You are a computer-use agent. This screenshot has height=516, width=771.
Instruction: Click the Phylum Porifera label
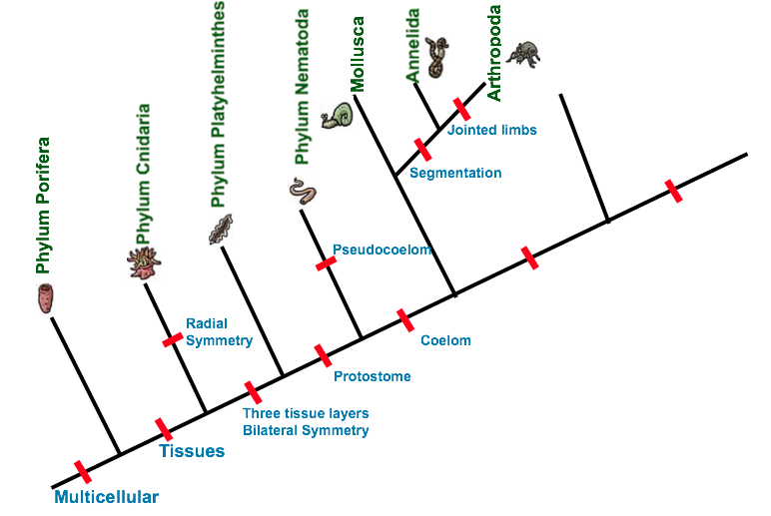coord(43,206)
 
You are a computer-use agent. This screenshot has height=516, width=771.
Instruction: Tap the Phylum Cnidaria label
coord(143,174)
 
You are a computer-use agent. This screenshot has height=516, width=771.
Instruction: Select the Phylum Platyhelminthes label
coord(218,104)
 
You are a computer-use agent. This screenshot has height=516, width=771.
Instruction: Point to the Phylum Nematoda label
coord(302,87)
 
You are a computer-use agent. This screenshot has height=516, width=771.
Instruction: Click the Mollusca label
coord(357,55)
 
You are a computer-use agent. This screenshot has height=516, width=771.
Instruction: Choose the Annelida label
coord(413,45)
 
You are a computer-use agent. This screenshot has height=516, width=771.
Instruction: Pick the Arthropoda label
coord(493,53)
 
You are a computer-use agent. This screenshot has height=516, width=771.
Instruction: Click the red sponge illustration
coord(45,298)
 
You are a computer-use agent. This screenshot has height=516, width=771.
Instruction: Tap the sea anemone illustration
coord(144,262)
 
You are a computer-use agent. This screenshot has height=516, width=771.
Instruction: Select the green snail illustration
coord(338,116)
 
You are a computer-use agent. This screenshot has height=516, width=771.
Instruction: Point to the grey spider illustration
coord(524,54)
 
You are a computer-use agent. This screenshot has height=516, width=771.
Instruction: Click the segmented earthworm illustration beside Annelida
coord(436,57)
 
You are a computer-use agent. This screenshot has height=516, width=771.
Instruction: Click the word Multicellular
coord(106,497)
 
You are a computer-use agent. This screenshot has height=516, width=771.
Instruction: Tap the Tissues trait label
coord(192,451)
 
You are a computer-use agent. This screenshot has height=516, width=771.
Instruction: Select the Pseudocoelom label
coord(383,250)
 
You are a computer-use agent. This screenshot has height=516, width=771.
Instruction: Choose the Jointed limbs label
coord(491,130)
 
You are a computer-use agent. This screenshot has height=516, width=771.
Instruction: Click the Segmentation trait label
coord(455,173)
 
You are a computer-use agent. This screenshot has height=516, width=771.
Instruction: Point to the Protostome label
coord(373,376)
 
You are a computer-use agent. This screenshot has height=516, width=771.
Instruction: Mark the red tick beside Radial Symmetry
coord(173,339)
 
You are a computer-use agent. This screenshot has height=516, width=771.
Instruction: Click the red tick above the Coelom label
coord(405,320)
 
